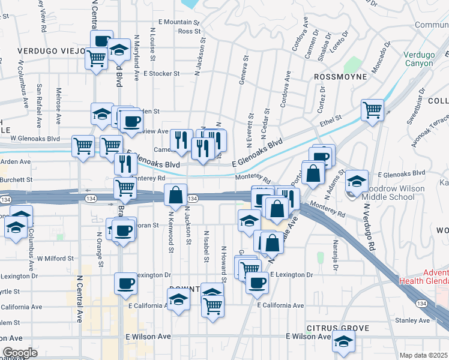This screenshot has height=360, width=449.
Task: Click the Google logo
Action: pos(20,353)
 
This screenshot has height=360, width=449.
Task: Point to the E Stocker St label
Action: pos(161,74)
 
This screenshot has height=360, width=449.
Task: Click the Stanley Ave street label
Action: pos(413,320)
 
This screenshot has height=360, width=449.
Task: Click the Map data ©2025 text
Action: pos(424,355)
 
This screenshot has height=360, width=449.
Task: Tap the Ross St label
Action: pos(188,31)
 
